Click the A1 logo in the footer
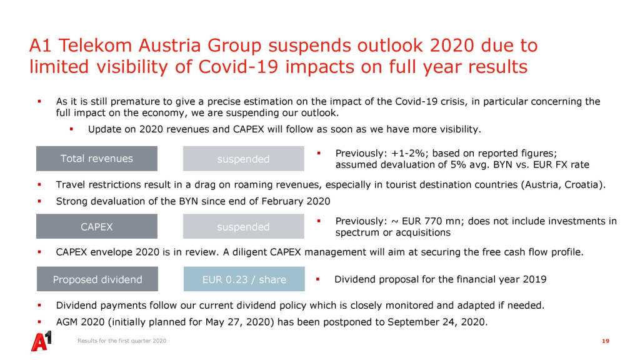pyautogui.click(x=42, y=341)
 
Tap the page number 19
pyautogui.click(x=605, y=341)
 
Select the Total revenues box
pyautogui.click(x=97, y=158)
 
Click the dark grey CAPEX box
pyautogui.click(x=97, y=226)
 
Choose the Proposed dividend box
pyautogui.click(x=97, y=279)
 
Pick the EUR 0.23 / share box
pyautogui.click(x=244, y=279)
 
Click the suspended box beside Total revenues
pyautogui.click(x=243, y=158)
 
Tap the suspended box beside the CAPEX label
pyautogui.click(x=243, y=226)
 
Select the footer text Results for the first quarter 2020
pyautogui.click(x=122, y=341)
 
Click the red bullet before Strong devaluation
pyautogui.click(x=39, y=201)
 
